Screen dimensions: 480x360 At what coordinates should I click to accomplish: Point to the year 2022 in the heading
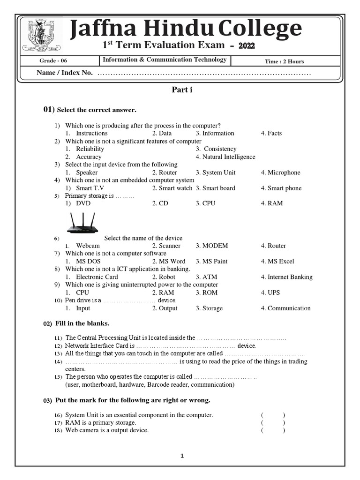[x=247, y=46]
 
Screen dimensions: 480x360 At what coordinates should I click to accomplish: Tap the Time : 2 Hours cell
[x=284, y=61]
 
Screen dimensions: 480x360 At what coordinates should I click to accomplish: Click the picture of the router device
[x=82, y=223]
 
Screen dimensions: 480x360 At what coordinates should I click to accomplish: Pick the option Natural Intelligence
[x=225, y=157]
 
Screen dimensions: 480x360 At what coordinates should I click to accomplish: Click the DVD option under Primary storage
[x=83, y=203]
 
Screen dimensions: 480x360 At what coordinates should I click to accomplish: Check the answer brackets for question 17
[x=273, y=423]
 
